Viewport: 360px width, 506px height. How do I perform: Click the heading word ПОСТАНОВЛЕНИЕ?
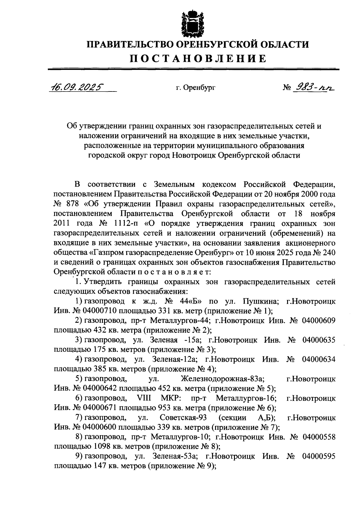[198, 58]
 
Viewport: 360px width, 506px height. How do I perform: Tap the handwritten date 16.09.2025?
[77, 87]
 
